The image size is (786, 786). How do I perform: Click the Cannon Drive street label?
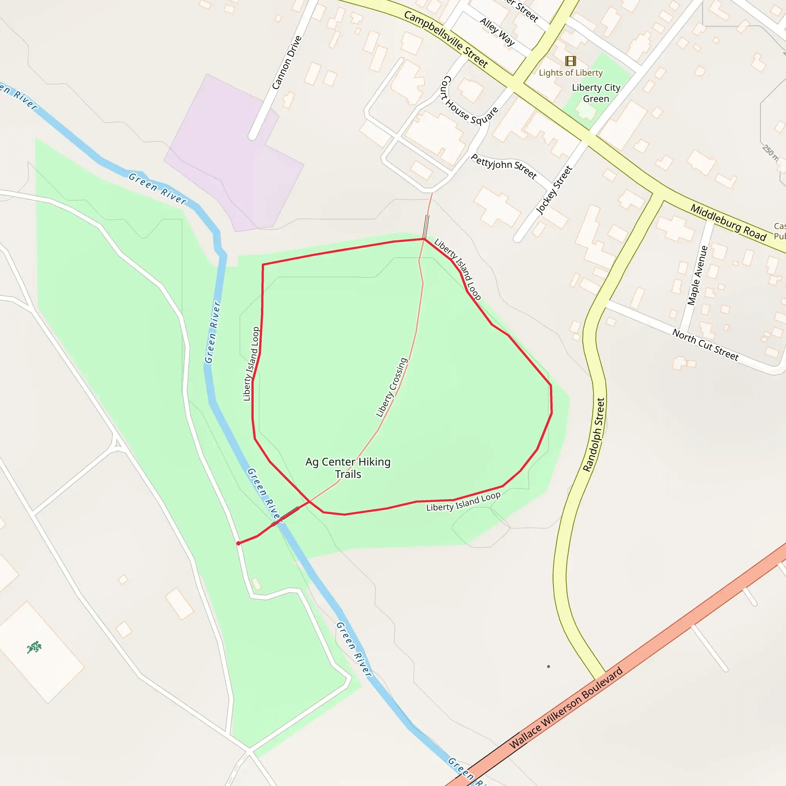(287, 62)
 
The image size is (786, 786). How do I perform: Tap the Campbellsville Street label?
(446, 39)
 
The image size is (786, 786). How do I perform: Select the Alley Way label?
(497, 32)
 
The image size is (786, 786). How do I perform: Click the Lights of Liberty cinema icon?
(570, 61)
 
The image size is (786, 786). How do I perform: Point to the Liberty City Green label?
(596, 93)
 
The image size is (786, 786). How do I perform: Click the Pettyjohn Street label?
(504, 166)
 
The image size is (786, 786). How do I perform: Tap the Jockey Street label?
(554, 190)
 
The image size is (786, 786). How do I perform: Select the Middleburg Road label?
(728, 223)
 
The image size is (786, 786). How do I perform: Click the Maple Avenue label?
(697, 275)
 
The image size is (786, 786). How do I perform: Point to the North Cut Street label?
(705, 345)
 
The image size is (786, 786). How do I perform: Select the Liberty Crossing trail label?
(391, 387)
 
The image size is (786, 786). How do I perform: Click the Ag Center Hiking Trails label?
(348, 468)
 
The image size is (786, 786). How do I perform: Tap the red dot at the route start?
(238, 543)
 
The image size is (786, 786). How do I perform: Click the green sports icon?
(34, 647)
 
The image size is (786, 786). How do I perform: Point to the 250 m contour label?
(770, 153)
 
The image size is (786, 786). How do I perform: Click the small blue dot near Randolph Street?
(548, 666)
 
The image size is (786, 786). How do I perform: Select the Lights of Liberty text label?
(570, 73)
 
